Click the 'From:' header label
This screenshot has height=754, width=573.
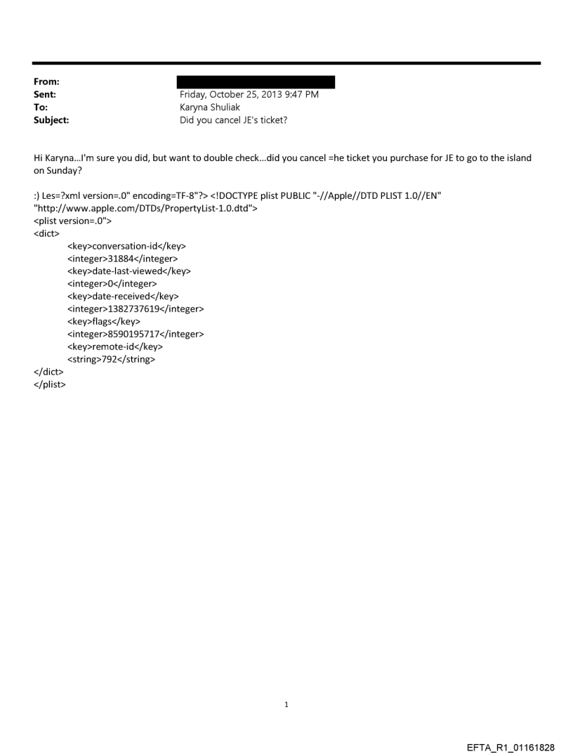coord(46,82)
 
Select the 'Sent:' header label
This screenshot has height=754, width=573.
coord(45,95)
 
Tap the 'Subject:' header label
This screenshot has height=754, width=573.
coord(51,120)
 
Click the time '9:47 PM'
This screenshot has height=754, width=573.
coord(301,95)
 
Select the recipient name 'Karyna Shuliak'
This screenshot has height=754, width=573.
coord(210,108)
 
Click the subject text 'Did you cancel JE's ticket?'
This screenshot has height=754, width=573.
coord(234,120)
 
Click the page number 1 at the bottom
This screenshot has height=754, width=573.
coord(286,704)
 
